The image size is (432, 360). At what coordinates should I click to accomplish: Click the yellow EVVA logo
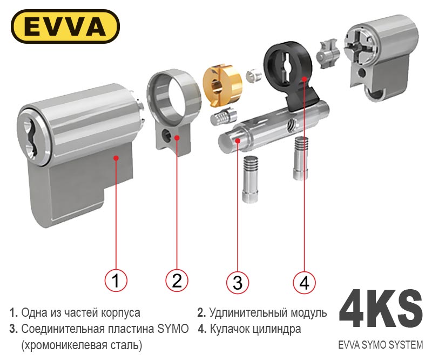pyautogui.click(x=65, y=26)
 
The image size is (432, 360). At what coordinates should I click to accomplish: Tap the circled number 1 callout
pyautogui.click(x=116, y=281)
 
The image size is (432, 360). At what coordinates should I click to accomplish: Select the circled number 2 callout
pyautogui.click(x=177, y=281)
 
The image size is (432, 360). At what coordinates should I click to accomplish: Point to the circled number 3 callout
pyautogui.click(x=238, y=283)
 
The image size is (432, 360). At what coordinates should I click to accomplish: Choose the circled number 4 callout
pyautogui.click(x=304, y=283)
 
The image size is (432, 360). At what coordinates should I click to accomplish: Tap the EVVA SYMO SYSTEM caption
pyautogui.click(x=381, y=345)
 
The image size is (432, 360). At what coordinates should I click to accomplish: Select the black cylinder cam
pyautogui.click(x=290, y=73)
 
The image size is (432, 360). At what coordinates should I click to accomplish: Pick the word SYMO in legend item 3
pyautogui.click(x=173, y=329)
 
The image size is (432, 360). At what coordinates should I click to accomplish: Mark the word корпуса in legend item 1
pyautogui.click(x=120, y=313)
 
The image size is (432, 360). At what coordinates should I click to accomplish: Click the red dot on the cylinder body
pyautogui.click(x=116, y=158)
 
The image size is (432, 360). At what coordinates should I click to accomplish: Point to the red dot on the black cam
pyautogui.click(x=304, y=78)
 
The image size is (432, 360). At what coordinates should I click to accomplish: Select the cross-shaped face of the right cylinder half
pyautogui.click(x=358, y=48)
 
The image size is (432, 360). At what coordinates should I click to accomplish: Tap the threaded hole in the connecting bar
pyautogui.click(x=291, y=125)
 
